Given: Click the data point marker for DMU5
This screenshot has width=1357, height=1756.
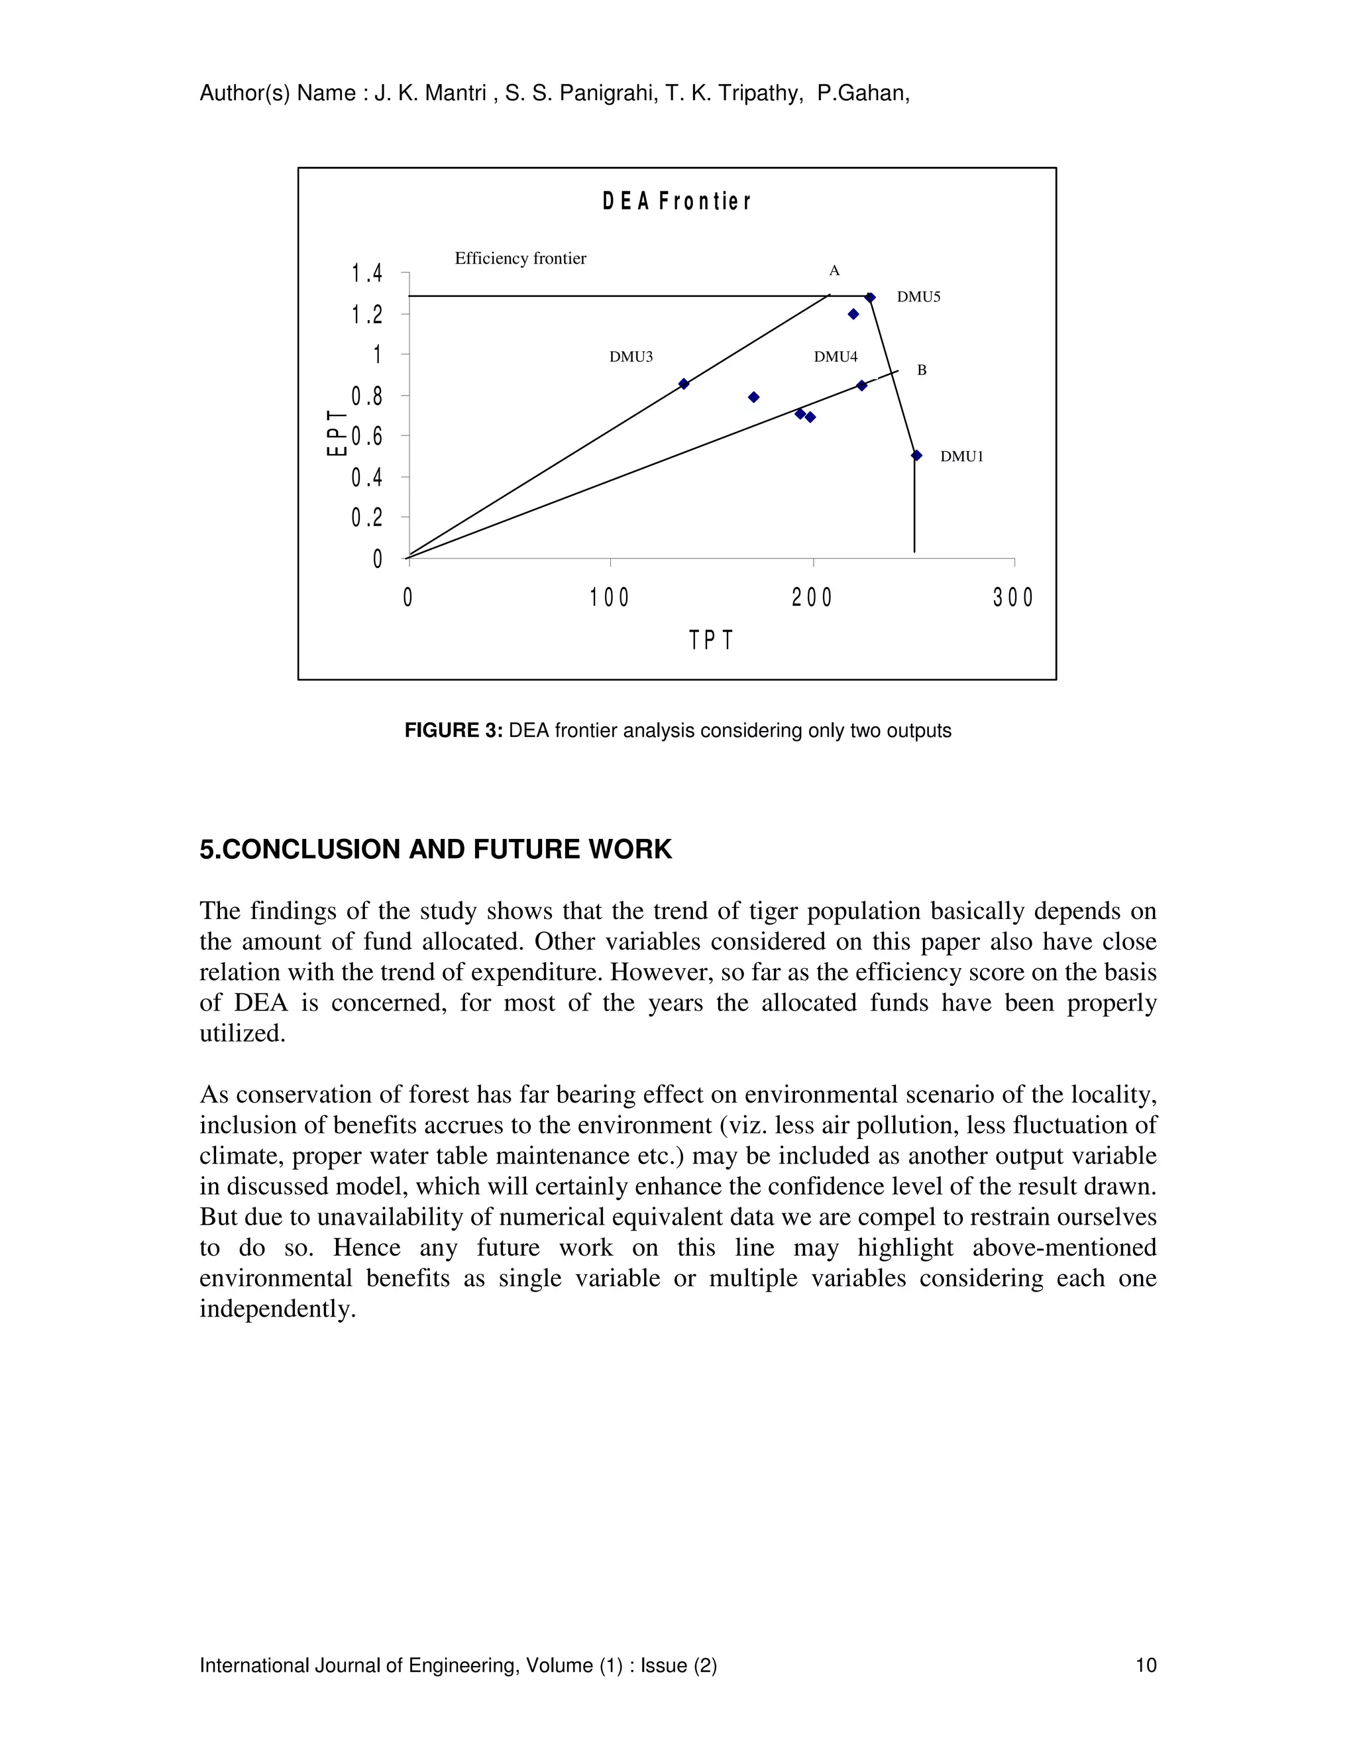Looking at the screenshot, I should pyautogui.click(x=870, y=298).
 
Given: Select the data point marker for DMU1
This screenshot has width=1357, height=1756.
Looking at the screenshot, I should pyautogui.click(x=916, y=455).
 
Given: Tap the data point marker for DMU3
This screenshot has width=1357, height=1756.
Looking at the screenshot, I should pyautogui.click(x=684, y=384).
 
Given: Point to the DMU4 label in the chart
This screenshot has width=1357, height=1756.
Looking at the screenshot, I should pyautogui.click(x=836, y=357).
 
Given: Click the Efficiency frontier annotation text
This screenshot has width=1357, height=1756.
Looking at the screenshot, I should pyautogui.click(x=520, y=258).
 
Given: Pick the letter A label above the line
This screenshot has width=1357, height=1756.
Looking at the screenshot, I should pyautogui.click(x=834, y=271).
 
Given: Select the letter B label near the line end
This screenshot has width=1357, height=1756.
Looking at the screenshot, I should pyautogui.click(x=922, y=370).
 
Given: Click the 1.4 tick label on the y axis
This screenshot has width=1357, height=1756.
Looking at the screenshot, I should pyautogui.click(x=366, y=274).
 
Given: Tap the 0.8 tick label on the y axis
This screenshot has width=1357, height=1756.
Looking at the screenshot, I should pyautogui.click(x=366, y=396).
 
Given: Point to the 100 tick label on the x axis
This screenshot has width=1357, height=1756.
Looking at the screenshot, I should pyautogui.click(x=610, y=598).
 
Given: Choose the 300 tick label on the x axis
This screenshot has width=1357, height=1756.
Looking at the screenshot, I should pyautogui.click(x=1014, y=598).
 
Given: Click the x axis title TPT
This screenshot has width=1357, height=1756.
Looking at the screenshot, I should pyautogui.click(x=712, y=640).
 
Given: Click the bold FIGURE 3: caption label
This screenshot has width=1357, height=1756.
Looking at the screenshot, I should pyautogui.click(x=453, y=730).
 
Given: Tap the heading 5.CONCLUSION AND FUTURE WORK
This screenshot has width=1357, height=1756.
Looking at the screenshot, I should pyautogui.click(x=436, y=849).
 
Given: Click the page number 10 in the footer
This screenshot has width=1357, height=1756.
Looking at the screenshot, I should pyautogui.click(x=1146, y=1665).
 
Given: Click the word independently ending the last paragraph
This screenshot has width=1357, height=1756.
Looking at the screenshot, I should pyautogui.click(x=276, y=1309).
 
